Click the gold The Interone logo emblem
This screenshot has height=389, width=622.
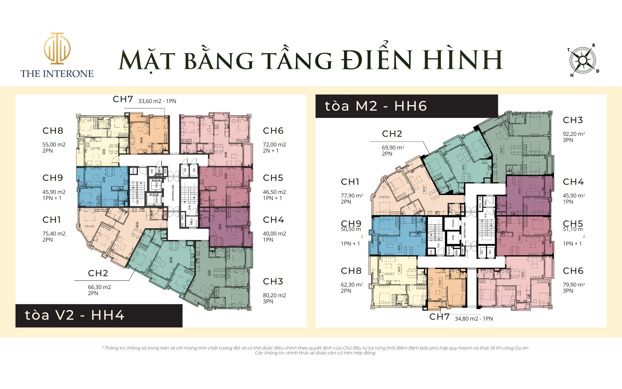coord(57,49)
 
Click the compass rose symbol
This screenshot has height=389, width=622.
coord(583,60)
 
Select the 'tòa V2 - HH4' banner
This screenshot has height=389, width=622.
coord(99,315)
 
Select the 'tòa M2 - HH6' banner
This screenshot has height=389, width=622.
coord(406,106)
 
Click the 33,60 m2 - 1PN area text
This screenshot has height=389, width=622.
coord(157,101)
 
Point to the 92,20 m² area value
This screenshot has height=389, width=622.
coord(574,134)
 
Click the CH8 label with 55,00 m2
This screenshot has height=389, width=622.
coord(53,131)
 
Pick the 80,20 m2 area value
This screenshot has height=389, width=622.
coord(274,295)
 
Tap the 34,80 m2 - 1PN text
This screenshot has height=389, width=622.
coord(473,319)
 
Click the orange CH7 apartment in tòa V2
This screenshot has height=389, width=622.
coord(149,134)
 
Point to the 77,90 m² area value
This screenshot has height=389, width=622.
coord(352,196)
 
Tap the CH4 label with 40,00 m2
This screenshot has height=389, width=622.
coord(273,220)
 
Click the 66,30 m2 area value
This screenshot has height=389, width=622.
coord(99,287)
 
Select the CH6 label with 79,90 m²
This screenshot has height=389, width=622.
coord(573,271)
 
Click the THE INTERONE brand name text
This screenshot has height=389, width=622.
coord(57,74)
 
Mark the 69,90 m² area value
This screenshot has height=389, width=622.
coord(393,148)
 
